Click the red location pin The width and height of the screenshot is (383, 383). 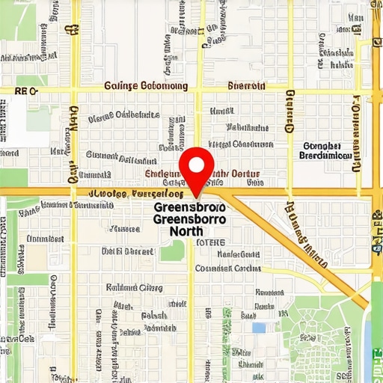(x=197, y=169)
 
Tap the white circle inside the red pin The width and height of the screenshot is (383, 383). (x=197, y=162)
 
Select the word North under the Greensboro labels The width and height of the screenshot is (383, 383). (x=186, y=231)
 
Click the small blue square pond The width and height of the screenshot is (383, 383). (x=259, y=328)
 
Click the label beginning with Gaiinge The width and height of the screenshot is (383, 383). (x=147, y=86)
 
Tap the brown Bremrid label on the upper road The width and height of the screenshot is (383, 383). (x=246, y=86)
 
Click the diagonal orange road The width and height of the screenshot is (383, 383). (x=299, y=247)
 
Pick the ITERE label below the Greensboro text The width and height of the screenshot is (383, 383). (x=209, y=243)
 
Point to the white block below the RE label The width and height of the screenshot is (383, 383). (x=26, y=120)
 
